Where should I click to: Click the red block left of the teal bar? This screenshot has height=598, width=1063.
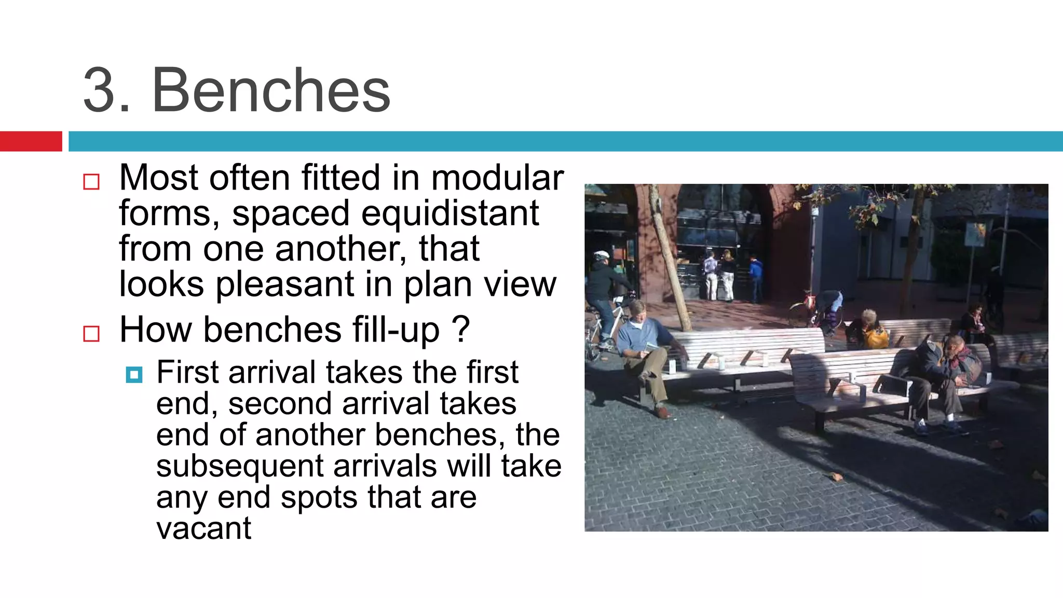31,141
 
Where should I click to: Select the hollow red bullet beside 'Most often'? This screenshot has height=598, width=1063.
91,182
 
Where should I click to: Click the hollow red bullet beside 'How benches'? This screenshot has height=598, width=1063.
91,333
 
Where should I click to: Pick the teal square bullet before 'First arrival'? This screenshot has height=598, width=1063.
134,374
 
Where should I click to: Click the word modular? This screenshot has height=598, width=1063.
497,178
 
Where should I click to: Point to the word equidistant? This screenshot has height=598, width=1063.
450,213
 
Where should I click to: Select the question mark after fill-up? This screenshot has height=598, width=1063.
460,329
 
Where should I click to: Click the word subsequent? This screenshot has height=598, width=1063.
240,466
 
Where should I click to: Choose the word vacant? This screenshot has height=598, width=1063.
203,528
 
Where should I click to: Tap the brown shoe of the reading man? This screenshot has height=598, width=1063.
661,412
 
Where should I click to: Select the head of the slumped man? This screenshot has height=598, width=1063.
953,344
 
